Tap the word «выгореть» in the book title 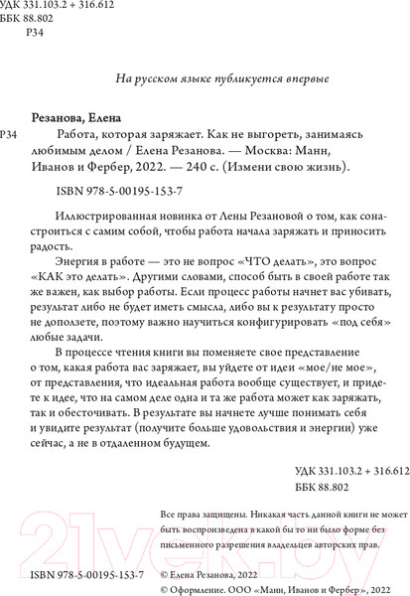pos(271,134)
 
